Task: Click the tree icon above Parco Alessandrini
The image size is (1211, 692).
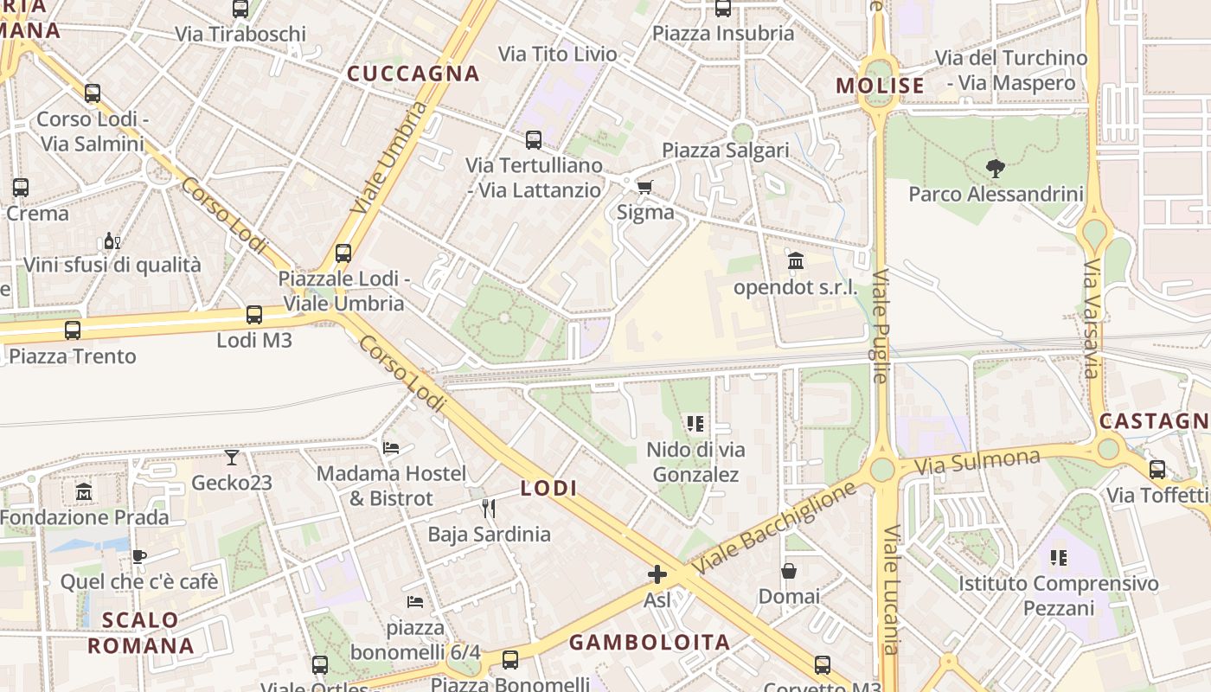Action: point(996,168)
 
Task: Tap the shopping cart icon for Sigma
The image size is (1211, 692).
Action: point(644,187)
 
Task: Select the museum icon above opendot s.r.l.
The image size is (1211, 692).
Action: point(796,260)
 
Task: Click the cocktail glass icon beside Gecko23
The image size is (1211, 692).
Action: point(232,457)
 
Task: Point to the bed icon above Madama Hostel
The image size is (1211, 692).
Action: point(391,448)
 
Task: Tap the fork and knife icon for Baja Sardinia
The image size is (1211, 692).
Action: point(489,508)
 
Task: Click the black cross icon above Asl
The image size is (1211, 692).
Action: point(657,573)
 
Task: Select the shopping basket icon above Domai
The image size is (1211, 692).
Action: point(789,571)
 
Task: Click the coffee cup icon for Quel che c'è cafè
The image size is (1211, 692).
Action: point(138,556)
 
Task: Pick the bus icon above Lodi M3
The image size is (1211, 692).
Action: point(253,315)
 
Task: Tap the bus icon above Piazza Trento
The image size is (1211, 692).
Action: point(73,330)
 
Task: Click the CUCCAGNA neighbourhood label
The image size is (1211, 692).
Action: point(413,74)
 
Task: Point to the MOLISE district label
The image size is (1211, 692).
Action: point(881,86)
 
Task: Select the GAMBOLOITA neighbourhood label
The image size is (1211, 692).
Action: point(649,642)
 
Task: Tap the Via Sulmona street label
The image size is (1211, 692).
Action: point(977,461)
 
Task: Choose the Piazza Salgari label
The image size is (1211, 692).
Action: point(726,150)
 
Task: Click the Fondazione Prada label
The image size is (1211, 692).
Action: point(84,517)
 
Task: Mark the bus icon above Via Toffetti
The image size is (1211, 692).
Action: point(1157,470)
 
